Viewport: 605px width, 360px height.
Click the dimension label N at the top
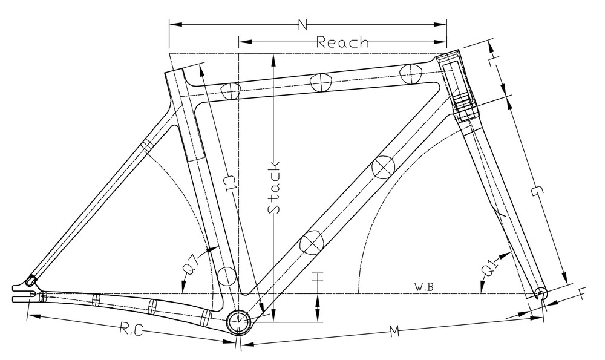303,25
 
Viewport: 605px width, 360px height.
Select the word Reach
342,42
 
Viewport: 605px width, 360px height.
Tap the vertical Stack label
274,187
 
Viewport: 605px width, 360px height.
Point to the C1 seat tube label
229,184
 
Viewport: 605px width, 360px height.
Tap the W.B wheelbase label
425,287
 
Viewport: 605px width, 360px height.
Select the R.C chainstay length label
131,330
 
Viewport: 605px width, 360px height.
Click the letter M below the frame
394,331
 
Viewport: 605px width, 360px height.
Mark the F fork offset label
583,294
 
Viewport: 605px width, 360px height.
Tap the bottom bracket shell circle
238,321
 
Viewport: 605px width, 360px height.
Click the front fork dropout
541,294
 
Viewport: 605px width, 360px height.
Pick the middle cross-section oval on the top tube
321,82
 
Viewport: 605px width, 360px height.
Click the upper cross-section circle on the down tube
383,167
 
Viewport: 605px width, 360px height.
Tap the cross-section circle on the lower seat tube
226,276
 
